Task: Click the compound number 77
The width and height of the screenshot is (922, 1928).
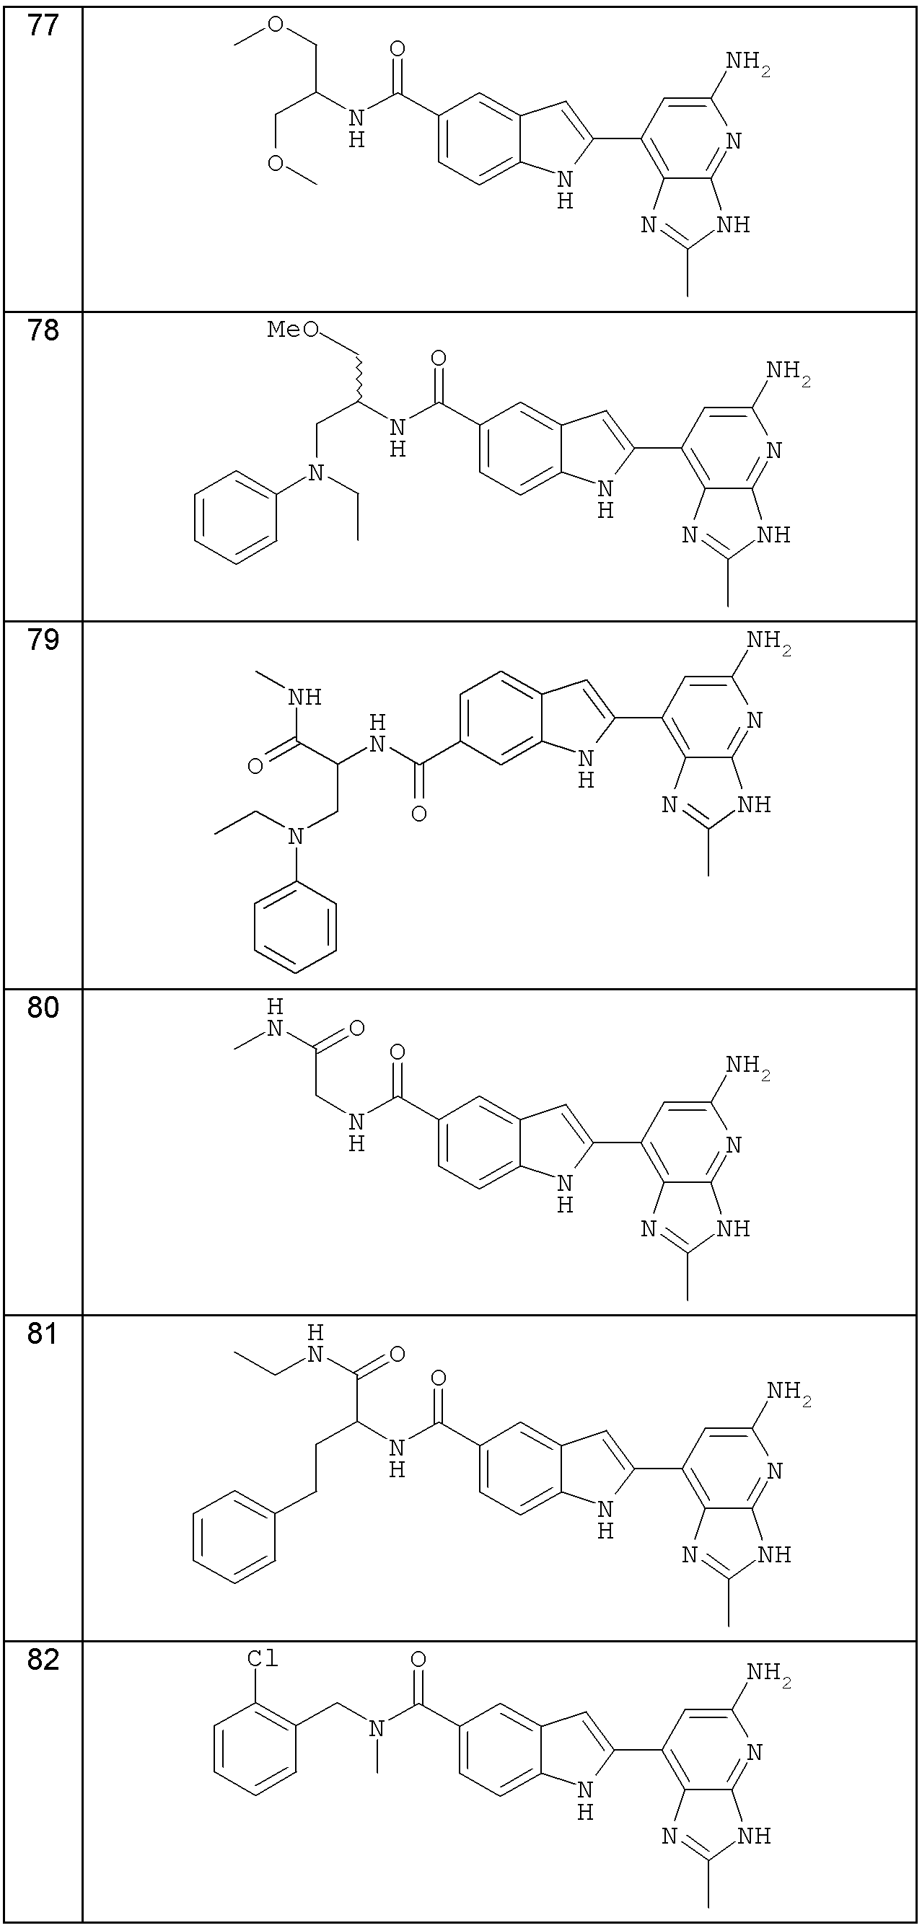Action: click(x=43, y=27)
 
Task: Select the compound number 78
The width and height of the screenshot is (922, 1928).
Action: click(x=43, y=331)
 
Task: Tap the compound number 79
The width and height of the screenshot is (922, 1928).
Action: click(x=43, y=641)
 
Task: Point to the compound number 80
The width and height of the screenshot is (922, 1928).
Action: click(x=43, y=1008)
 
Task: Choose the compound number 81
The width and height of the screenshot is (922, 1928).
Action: click(x=43, y=1334)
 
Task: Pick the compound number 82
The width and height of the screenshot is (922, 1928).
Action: click(x=43, y=1661)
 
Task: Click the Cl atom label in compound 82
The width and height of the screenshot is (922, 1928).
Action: click(x=263, y=1659)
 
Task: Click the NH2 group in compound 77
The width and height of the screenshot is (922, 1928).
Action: click(x=747, y=62)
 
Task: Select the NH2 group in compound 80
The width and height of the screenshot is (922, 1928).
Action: click(x=747, y=1067)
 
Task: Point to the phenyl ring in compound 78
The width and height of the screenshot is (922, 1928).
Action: click(x=236, y=517)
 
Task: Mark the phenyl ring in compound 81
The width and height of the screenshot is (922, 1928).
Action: click(x=234, y=1537)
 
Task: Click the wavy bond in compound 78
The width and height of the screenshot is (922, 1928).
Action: click(x=360, y=379)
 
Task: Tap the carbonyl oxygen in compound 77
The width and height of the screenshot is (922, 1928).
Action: click(x=398, y=49)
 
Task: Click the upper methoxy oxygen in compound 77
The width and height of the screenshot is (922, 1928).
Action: click(x=276, y=25)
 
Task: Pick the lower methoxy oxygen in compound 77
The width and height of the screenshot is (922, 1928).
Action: click(x=276, y=162)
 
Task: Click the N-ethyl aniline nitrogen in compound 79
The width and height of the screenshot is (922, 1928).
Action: click(x=297, y=836)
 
